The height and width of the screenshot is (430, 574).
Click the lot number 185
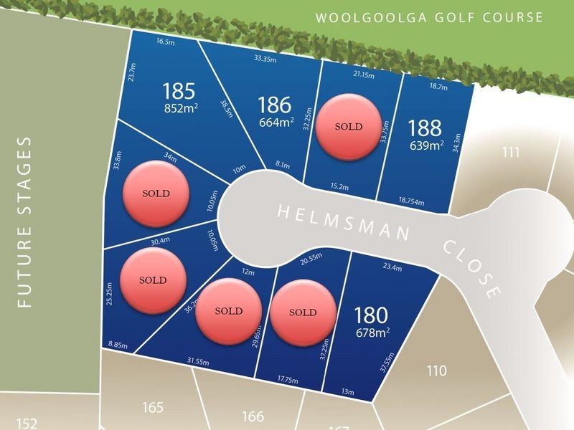(x=179, y=91)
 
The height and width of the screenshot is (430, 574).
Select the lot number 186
(x=275, y=105)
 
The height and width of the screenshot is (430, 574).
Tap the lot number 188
(x=425, y=128)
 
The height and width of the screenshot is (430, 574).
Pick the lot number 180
(x=371, y=315)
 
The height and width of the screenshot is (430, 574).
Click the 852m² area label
(x=181, y=108)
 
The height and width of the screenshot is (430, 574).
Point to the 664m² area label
(x=277, y=122)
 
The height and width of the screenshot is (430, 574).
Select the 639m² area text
(x=426, y=145)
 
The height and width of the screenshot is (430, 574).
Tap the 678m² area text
(x=372, y=332)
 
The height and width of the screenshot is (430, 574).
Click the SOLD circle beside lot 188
(x=349, y=127)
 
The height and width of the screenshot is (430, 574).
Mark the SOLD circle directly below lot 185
(x=156, y=193)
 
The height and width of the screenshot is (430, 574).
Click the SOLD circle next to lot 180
(x=303, y=312)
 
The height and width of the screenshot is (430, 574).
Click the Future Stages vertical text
(x=25, y=222)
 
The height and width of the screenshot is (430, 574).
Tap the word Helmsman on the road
(x=344, y=221)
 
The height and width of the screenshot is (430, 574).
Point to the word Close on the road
(x=471, y=268)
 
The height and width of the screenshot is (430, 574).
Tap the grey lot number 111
(x=511, y=151)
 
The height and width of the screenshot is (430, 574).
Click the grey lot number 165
(x=153, y=408)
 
